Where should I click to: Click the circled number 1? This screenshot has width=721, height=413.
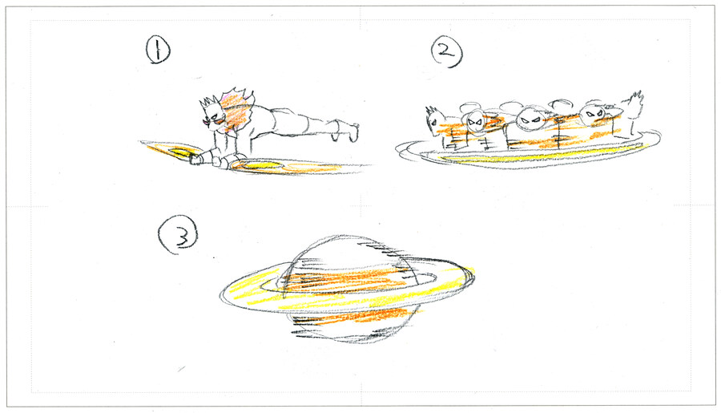(x=158, y=50)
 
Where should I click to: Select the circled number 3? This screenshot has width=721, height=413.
(x=179, y=235)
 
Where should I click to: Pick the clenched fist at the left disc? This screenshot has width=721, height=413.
(x=195, y=159)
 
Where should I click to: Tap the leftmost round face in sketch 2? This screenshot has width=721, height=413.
(x=476, y=123)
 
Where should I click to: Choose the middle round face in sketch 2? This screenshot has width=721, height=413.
(x=530, y=119)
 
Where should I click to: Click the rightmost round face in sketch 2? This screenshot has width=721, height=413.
(x=592, y=114)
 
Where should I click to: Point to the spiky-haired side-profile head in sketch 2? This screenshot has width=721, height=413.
(x=434, y=120)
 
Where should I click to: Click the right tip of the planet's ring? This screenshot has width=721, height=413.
(x=473, y=275)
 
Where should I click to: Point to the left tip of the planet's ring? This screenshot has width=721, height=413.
(x=222, y=294)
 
